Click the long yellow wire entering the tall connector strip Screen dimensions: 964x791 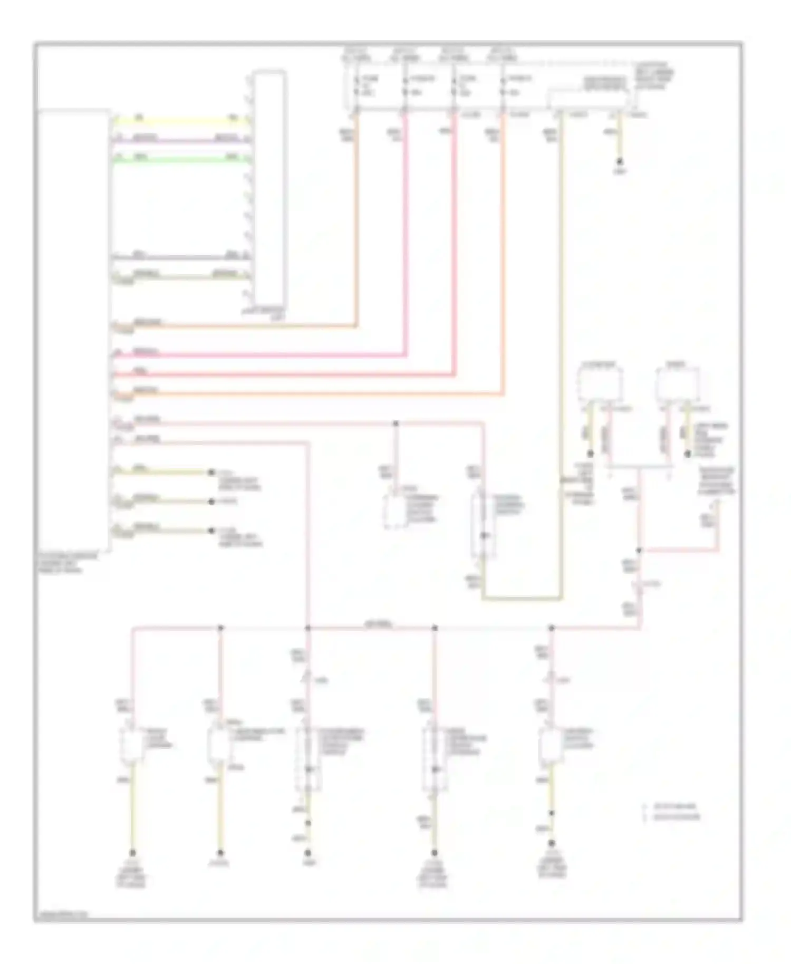[x=179, y=121]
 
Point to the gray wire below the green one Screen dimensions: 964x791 [x=179, y=258]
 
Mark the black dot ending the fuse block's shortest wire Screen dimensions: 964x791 [x=620, y=161]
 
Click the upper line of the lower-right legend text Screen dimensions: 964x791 [x=674, y=806]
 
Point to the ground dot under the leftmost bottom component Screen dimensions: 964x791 [x=132, y=852]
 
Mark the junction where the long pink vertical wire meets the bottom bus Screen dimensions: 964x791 [x=308, y=628]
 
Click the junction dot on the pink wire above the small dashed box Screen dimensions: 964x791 [x=395, y=423]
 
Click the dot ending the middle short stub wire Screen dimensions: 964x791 [x=211, y=501]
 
